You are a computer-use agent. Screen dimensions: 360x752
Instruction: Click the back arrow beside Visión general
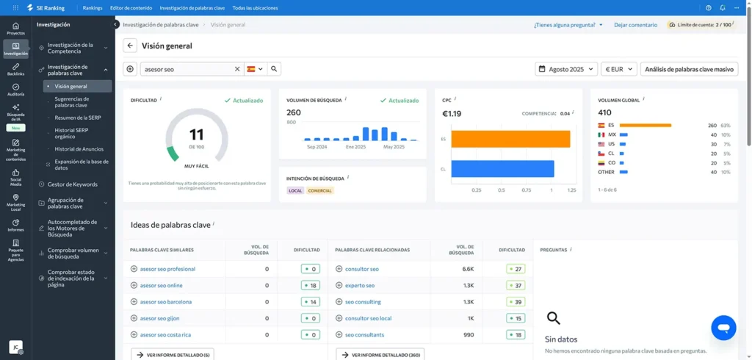[130, 46]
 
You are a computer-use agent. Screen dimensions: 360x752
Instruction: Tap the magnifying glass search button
[274, 69]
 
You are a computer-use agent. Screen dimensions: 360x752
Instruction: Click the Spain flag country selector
[255, 69]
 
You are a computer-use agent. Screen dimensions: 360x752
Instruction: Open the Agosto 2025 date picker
[566, 69]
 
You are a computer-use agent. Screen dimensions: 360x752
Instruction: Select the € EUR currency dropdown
[618, 69]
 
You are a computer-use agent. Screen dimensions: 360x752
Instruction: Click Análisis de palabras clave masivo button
[689, 69]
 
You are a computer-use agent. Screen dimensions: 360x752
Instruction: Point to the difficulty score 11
[196, 134]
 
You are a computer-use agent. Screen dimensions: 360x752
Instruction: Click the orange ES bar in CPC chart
[510, 138]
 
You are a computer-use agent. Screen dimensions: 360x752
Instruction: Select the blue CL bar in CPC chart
[502, 168]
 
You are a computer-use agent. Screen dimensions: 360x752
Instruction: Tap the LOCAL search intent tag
[295, 190]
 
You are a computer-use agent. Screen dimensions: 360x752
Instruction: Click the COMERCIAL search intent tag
[320, 190]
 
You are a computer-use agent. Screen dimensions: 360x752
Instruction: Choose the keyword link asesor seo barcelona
[165, 302]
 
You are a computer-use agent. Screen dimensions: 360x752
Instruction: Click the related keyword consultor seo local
[368, 318]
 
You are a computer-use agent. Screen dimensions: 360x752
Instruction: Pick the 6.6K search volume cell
[468, 269]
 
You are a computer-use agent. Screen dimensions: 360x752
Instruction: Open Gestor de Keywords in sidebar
[72, 184]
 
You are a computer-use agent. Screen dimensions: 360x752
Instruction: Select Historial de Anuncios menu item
[79, 149]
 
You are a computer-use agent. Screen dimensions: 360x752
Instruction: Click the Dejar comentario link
[635, 25]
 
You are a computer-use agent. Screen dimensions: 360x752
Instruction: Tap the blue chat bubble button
[723, 328]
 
